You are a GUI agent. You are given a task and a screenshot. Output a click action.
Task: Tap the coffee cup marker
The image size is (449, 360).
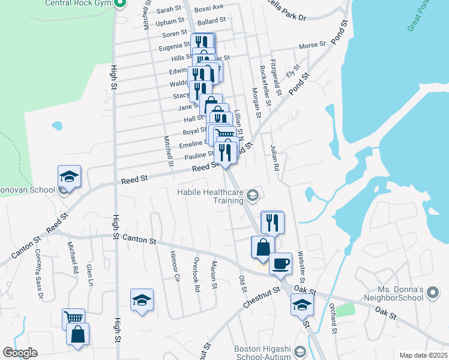280,263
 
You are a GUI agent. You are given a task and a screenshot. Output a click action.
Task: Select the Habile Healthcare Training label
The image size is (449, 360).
211,196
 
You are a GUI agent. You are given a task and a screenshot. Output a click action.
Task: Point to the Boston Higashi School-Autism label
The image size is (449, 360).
262,353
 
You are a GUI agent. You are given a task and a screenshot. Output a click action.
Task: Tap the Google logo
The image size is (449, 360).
20,353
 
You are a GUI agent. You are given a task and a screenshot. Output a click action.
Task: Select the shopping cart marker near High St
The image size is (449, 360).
73,319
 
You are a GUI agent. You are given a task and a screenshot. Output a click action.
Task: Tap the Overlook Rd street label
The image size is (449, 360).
196,275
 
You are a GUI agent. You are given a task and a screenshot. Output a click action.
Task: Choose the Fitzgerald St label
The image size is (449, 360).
276,77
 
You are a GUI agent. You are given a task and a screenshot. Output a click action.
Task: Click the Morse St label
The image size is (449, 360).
312,45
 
